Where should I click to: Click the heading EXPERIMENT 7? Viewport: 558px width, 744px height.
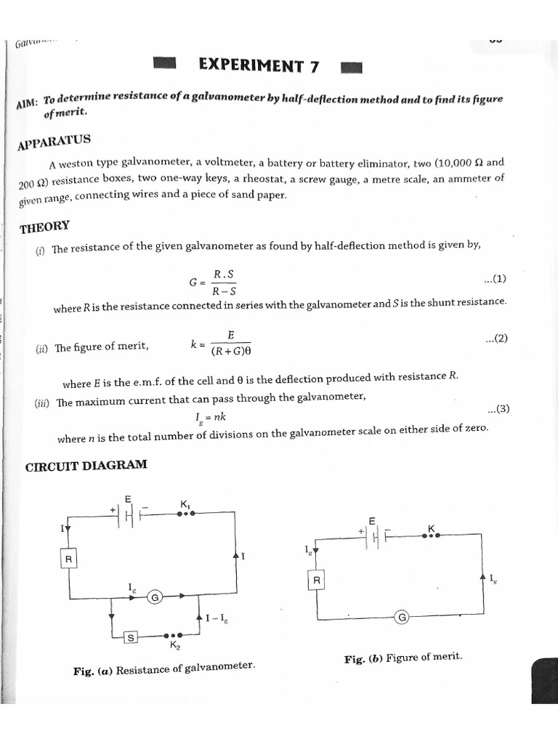259,66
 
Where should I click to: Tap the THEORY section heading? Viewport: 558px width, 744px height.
45,227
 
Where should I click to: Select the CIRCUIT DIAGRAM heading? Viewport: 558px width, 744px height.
86,465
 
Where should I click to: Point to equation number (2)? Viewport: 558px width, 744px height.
496,339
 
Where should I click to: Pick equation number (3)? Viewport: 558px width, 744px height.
498,409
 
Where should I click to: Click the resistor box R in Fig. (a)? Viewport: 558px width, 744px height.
69,559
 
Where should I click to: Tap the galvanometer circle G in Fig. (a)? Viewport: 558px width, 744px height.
155,597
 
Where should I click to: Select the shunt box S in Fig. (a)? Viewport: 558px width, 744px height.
131,637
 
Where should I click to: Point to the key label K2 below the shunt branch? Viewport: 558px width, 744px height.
175,645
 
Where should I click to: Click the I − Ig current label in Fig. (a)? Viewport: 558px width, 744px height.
216,618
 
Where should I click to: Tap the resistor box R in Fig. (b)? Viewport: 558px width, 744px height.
317,581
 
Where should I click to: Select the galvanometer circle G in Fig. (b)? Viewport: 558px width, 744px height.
402,618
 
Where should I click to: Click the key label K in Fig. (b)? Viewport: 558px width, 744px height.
431,527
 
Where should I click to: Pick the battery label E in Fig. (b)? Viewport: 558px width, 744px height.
372,521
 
